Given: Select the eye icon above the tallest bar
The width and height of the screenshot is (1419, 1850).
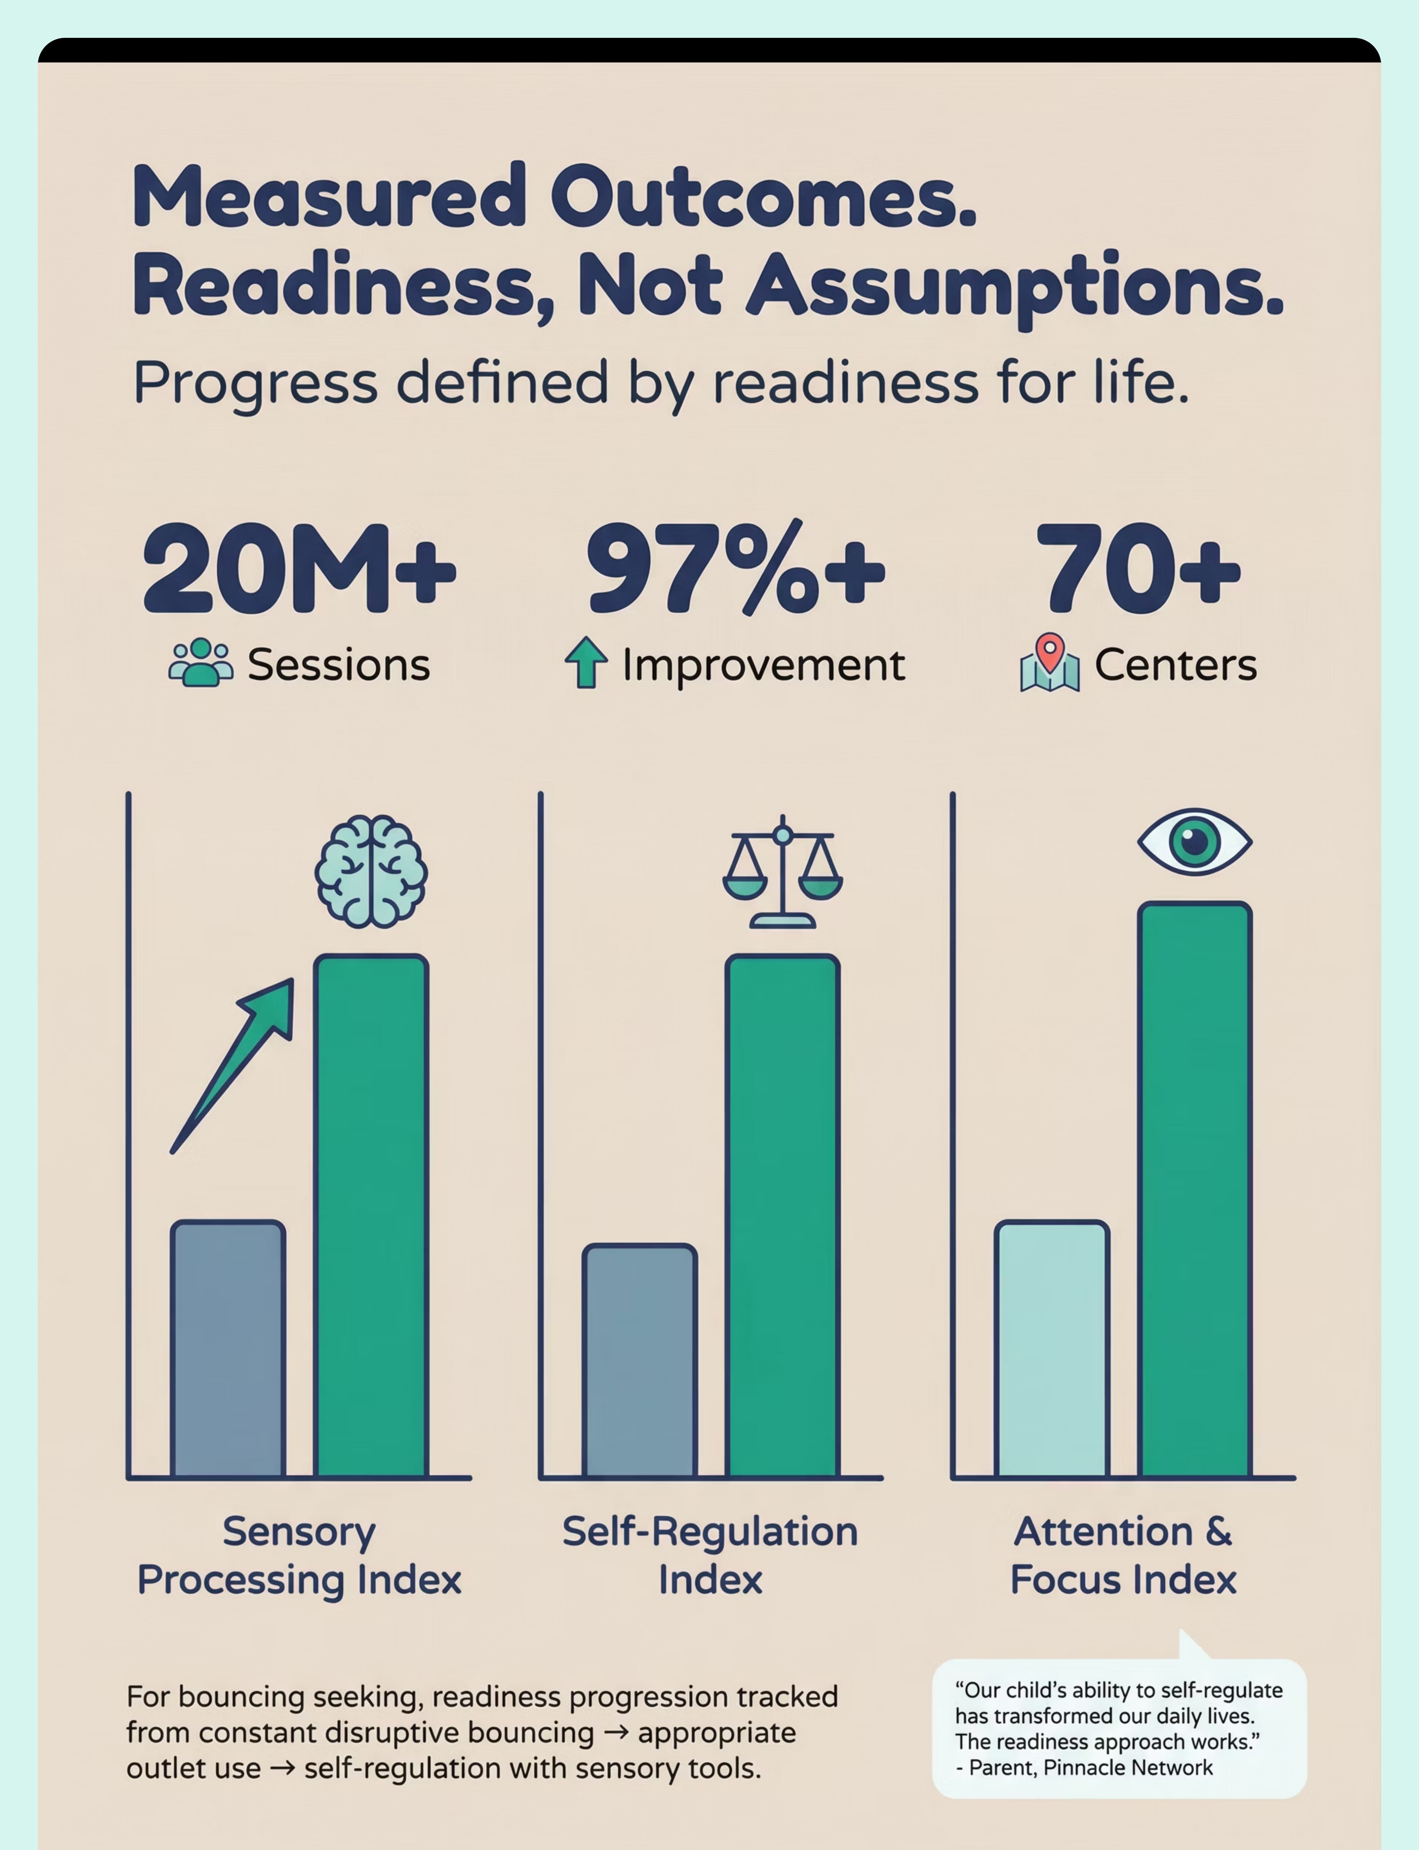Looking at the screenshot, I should point(1194,840).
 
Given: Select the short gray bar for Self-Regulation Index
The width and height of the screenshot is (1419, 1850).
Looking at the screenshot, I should point(639,1360).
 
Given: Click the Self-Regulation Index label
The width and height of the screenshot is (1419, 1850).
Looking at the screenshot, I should point(710,1555).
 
